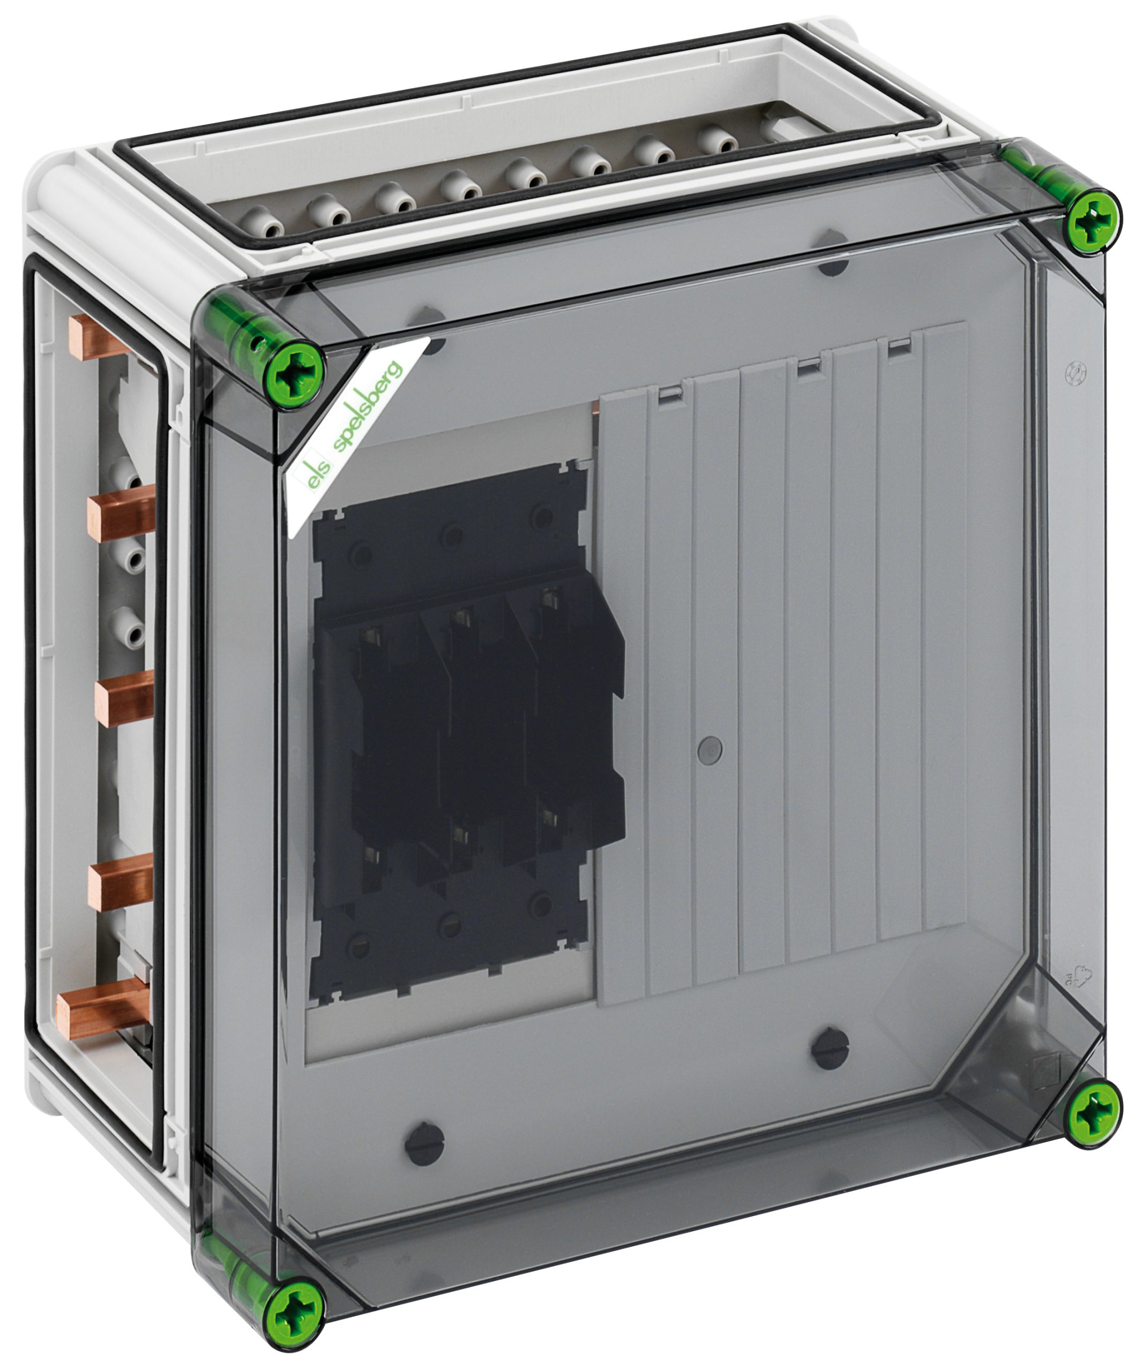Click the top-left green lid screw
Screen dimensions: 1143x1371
298,375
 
